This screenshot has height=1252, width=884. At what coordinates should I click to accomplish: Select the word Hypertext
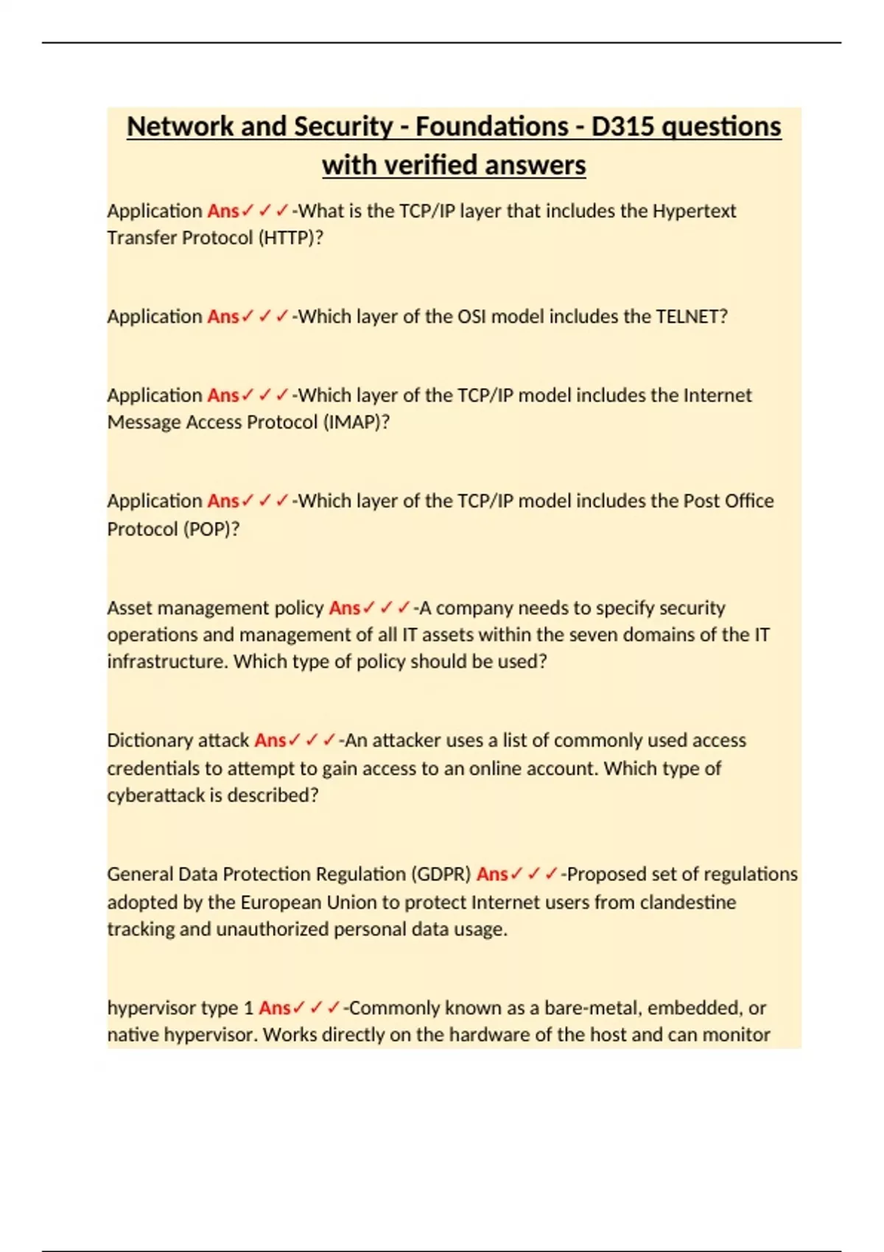point(694,211)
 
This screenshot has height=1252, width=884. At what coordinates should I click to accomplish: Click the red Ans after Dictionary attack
point(270,740)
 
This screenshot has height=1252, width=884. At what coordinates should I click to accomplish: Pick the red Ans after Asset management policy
point(344,608)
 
